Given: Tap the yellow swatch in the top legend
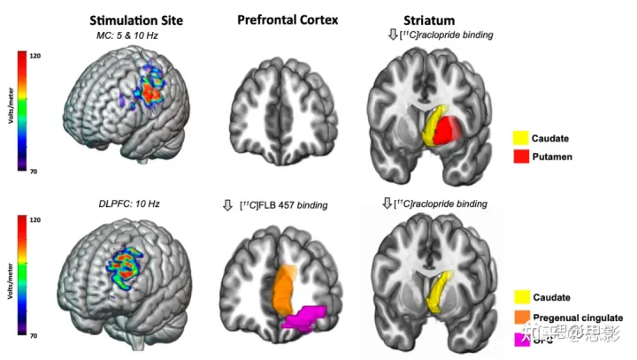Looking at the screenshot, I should coord(521,138).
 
